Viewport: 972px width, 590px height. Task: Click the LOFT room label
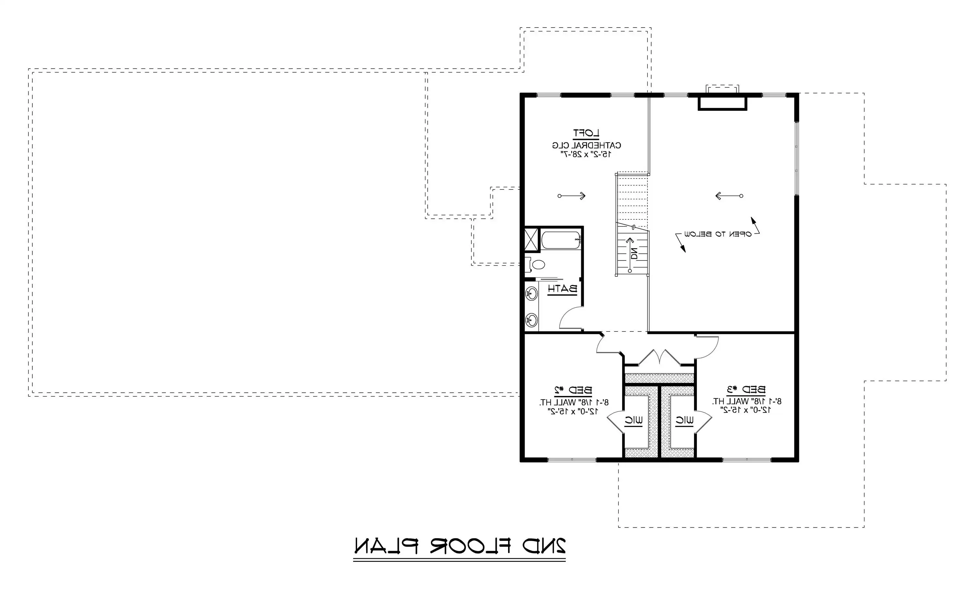tap(586, 133)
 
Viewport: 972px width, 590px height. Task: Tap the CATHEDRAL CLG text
tap(586, 145)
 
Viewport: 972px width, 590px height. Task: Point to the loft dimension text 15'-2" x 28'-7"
tap(586, 154)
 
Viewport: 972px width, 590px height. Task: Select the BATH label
tap(562, 289)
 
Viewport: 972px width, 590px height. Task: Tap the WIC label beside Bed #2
tap(633, 421)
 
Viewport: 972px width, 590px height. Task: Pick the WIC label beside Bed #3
tap(684, 421)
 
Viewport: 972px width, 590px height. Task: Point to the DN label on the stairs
tap(633, 253)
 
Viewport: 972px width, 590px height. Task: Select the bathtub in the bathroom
tap(561, 240)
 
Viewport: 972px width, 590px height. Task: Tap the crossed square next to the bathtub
tap(531, 239)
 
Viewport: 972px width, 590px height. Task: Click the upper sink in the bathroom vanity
tap(532, 294)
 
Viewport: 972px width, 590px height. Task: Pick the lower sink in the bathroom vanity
tap(532, 319)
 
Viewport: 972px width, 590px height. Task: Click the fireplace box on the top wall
tap(722, 103)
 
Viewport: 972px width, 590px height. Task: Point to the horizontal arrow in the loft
tap(572, 196)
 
